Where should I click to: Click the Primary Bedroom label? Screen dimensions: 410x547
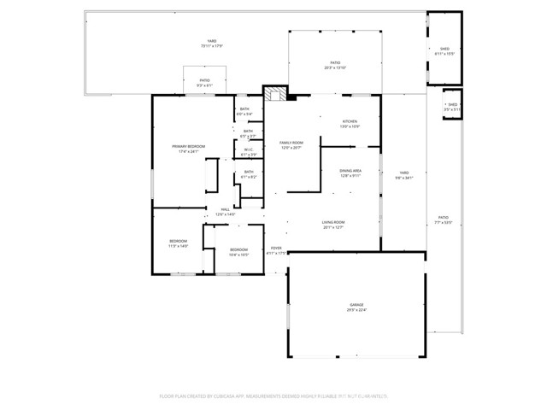pyautogui.click(x=189, y=149)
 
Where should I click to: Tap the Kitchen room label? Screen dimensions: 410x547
pyautogui.click(x=350, y=124)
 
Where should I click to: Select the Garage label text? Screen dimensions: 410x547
pyautogui.click(x=356, y=307)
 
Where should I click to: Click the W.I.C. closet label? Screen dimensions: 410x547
pyautogui.click(x=248, y=152)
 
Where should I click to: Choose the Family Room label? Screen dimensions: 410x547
pyautogui.click(x=291, y=145)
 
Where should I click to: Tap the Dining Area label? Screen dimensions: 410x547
pyautogui.click(x=350, y=173)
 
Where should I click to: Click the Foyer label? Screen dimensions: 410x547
pyautogui.click(x=276, y=250)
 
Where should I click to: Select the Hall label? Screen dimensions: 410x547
pyautogui.click(x=225, y=212)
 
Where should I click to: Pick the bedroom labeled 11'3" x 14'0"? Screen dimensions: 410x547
pyautogui.click(x=178, y=243)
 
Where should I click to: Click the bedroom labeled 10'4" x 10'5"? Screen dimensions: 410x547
pyautogui.click(x=238, y=252)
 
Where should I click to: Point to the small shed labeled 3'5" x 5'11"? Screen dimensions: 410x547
pyautogui.click(x=452, y=107)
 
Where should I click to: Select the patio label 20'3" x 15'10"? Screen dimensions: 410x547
pyautogui.click(x=336, y=65)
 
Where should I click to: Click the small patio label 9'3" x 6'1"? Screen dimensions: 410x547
pyautogui.click(x=204, y=82)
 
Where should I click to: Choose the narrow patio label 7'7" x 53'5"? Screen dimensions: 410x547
pyautogui.click(x=443, y=220)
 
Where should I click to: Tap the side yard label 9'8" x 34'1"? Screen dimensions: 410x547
pyautogui.click(x=403, y=176)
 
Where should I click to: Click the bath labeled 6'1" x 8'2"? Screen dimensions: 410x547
pyautogui.click(x=249, y=174)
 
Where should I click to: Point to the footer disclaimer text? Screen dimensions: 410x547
pyautogui.click(x=273, y=395)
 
